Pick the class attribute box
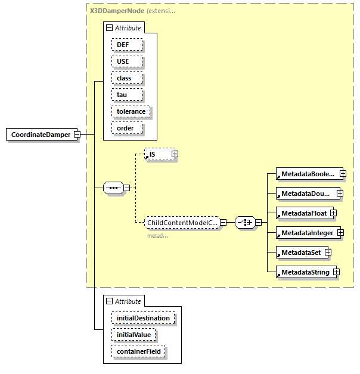(123, 78)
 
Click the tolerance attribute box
(131, 111)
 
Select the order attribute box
(125, 128)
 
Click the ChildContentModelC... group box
(182, 222)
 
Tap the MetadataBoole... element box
(307, 173)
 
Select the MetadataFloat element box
(303, 213)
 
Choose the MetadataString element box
(304, 272)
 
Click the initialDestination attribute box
(142, 318)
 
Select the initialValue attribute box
(133, 335)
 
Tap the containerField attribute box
(138, 352)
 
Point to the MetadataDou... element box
(306, 193)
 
